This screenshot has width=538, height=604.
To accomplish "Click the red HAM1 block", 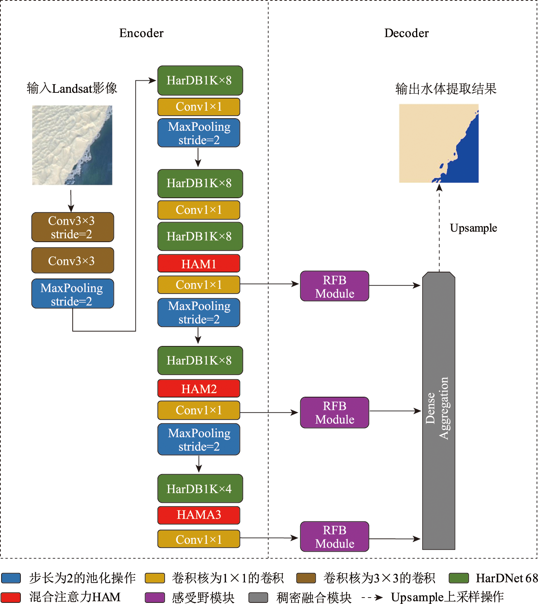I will coord(199,264).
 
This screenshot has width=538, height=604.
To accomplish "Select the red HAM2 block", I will coord(199,389).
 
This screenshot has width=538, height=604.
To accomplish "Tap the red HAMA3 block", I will coord(199,515).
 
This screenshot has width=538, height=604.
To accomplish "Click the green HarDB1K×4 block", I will coord(200,489).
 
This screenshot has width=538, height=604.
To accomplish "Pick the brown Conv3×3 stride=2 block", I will coord(73,227).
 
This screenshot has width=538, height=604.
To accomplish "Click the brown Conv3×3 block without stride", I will coord(73,261).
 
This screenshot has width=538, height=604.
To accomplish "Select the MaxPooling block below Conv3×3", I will coord(73,294).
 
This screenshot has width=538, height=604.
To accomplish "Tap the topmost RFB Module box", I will coord(335,286).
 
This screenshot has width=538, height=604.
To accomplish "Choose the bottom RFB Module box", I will coord(335,537).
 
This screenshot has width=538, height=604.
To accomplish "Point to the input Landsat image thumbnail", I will coord(72,145).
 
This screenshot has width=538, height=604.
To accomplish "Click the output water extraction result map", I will coord(439,143).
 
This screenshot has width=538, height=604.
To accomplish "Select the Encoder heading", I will coord(141,33).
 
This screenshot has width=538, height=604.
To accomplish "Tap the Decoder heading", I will coord(406,33).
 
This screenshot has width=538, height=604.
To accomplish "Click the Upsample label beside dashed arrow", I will coord(473,228).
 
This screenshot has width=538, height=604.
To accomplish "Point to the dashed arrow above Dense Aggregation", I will coord(439,227).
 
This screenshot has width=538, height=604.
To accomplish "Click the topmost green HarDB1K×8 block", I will coord(200,80).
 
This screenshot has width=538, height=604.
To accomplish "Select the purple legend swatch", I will coord(155,598).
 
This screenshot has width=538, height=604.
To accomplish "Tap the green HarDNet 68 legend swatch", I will coord(458,578).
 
